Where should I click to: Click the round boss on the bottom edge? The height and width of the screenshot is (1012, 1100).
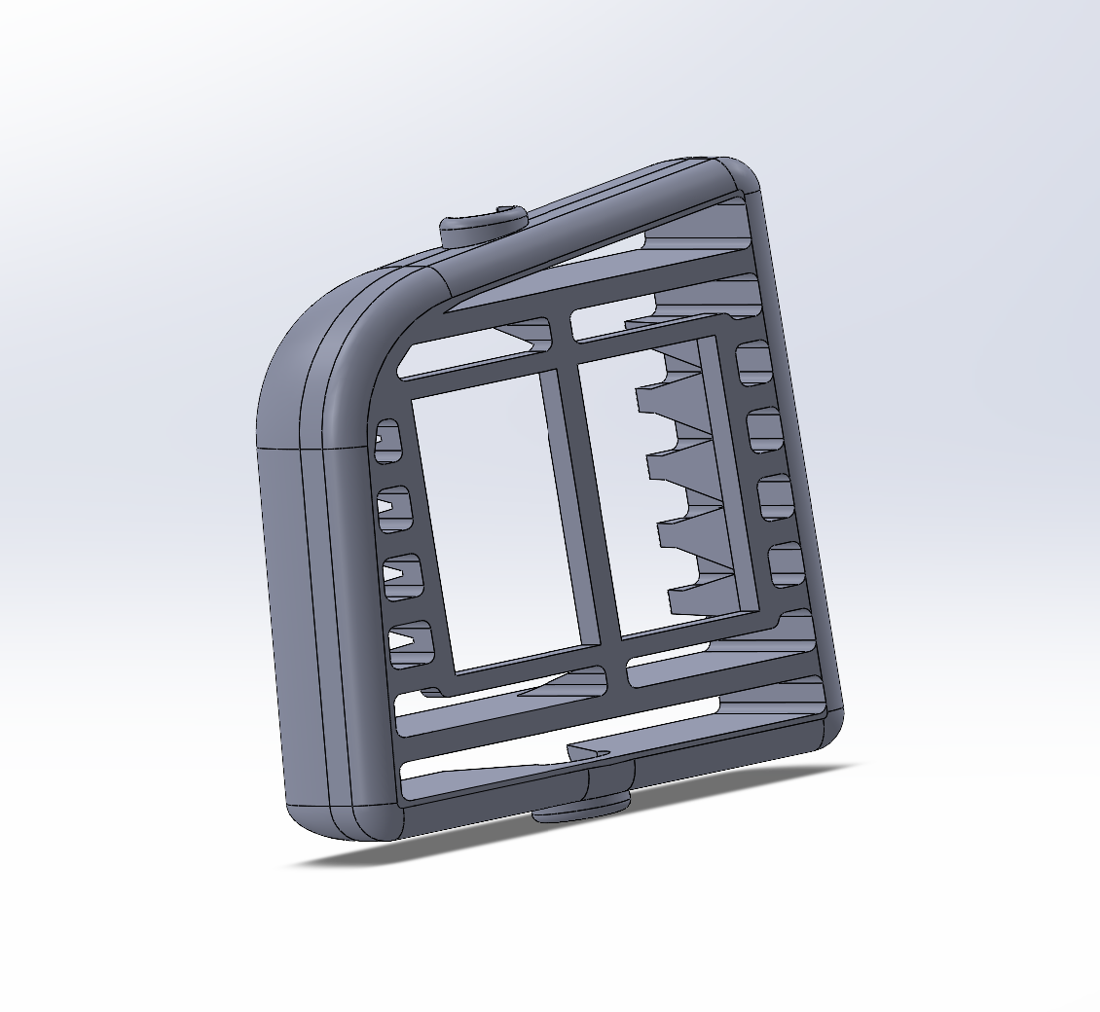coord(582,807)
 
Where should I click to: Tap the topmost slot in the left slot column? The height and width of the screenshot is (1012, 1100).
coord(388,441)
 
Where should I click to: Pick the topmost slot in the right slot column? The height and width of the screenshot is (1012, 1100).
coord(753,363)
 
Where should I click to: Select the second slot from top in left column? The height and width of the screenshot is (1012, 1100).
coord(394,508)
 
